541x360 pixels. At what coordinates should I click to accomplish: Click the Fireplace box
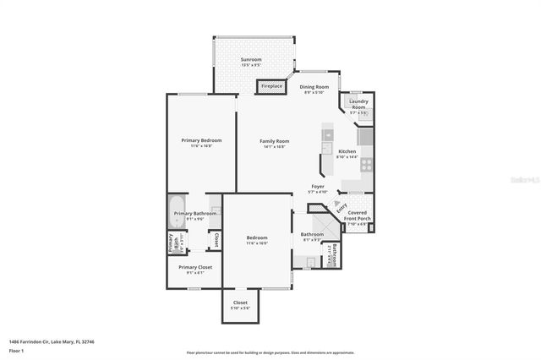(x=271, y=86)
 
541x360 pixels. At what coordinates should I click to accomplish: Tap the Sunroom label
(x=250, y=60)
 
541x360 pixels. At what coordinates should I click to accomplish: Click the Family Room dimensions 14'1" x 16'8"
(x=274, y=147)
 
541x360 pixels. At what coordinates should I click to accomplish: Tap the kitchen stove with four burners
(x=367, y=165)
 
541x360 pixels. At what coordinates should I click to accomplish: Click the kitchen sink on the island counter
(x=329, y=134)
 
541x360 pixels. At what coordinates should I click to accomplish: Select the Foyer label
(x=318, y=186)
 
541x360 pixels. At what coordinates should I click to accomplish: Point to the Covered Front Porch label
(x=358, y=215)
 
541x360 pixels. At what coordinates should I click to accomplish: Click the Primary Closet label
(x=194, y=267)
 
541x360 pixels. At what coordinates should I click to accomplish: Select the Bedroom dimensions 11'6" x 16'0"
(x=257, y=243)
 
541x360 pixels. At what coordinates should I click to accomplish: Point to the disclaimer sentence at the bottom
(x=270, y=352)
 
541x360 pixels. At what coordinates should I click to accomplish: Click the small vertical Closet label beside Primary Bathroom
(x=216, y=239)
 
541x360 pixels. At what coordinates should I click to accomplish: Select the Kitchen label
(x=347, y=151)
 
